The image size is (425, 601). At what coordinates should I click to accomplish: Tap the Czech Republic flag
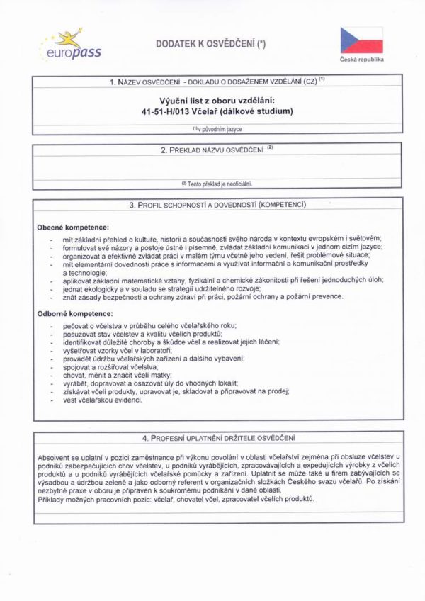[361, 40]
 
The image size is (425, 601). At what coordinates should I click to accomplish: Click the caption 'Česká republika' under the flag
[361, 60]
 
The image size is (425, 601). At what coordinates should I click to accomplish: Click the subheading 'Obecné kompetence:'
[73, 228]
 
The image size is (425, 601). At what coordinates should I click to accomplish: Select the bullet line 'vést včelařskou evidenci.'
[103, 400]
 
